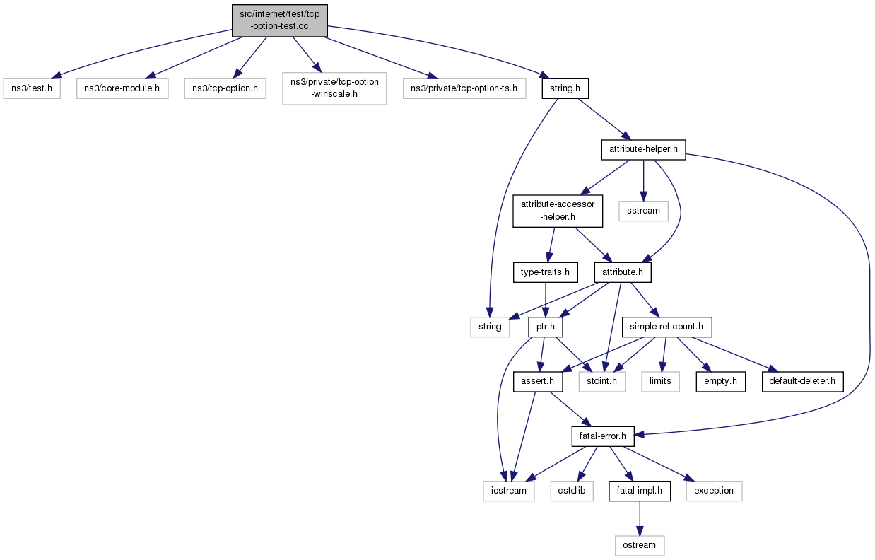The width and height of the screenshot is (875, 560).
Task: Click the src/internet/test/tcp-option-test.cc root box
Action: coord(280,21)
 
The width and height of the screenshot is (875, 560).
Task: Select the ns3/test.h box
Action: coord(32,88)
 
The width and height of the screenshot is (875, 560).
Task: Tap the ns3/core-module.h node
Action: coord(122,88)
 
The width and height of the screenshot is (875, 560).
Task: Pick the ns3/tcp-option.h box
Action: coord(225,88)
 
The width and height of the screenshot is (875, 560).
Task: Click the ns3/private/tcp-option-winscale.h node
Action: coord(334,88)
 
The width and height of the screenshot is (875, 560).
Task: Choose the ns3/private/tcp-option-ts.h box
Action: coord(464,88)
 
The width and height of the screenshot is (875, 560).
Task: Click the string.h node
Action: coord(565,88)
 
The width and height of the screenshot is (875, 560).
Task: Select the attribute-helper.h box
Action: coord(643,150)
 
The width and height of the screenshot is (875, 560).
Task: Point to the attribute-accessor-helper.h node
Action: coord(558,211)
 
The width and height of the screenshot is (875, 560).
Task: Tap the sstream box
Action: coord(643,211)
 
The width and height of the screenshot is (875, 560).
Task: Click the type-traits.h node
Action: coord(546,272)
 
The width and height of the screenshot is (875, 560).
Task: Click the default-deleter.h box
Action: coord(802,381)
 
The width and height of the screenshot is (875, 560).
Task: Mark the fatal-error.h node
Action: coord(603,436)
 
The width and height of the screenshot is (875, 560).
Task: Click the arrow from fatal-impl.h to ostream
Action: coord(640,518)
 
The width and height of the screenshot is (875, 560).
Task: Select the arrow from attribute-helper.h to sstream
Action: coord(643,180)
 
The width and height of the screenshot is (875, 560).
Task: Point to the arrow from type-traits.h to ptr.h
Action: coord(546,300)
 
